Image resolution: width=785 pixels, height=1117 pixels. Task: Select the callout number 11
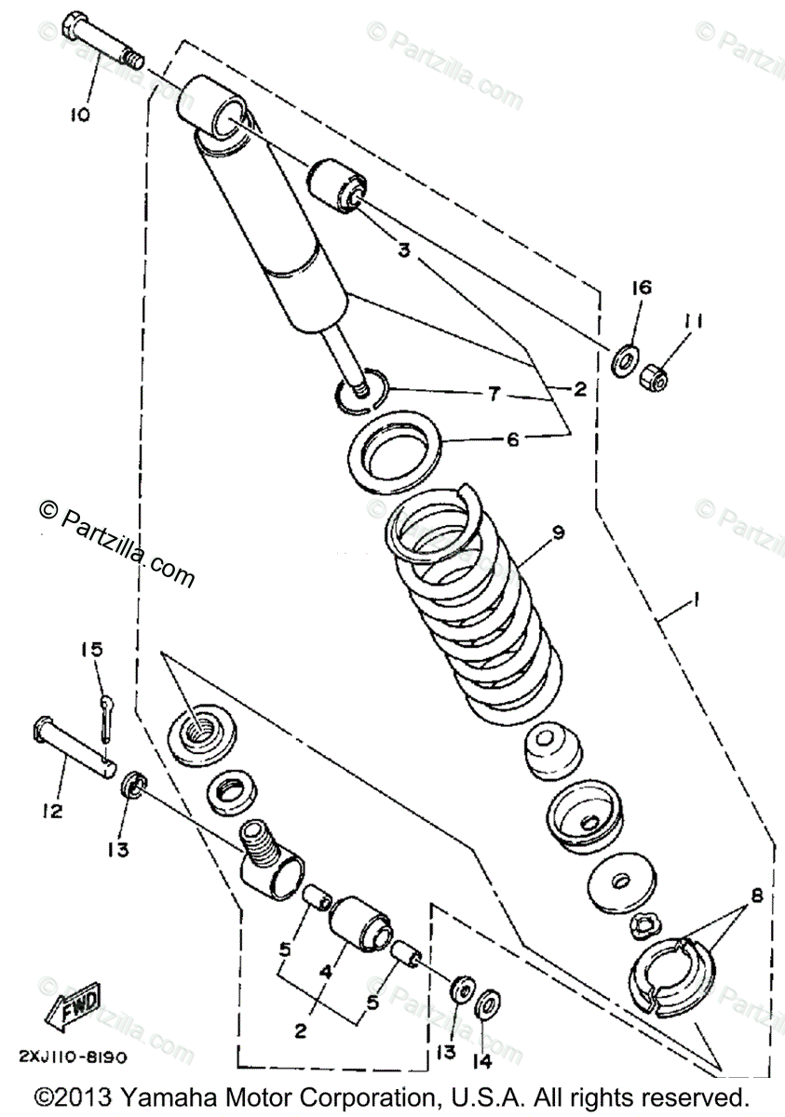[x=694, y=322]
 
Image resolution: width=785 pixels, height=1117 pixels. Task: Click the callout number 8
[x=756, y=897]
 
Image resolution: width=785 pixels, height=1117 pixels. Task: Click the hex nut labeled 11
[x=650, y=373]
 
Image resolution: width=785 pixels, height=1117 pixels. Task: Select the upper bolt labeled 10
[x=102, y=40]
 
